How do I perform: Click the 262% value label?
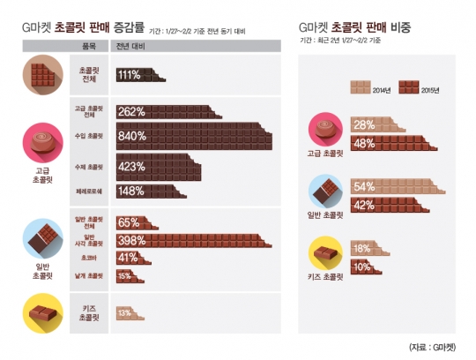point(132,112)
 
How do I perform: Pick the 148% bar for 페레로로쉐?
point(141,191)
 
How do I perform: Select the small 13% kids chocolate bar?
point(126,312)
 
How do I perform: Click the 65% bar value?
point(130,222)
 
